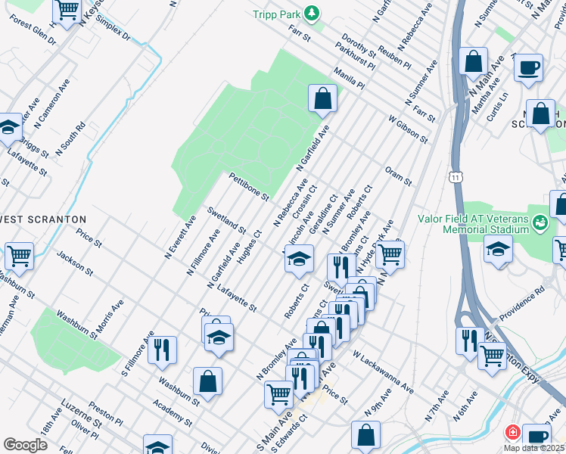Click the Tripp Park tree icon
pos(310,14)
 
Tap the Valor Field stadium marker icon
pos(539,223)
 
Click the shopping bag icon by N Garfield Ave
pos(322,98)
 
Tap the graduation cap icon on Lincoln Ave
pos(299,258)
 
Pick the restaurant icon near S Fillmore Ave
pos(162,349)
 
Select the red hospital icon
pos(512,432)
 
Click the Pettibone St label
pos(249,186)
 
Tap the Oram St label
pos(397,176)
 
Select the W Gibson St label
pos(408,129)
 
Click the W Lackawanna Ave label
pos(383,372)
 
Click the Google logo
pos(25,445)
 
